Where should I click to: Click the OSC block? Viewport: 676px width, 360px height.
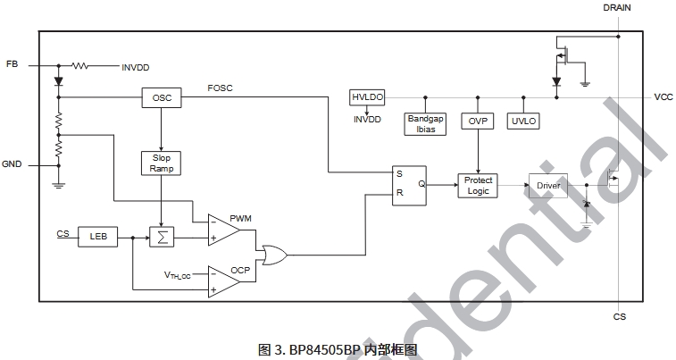[x=162, y=97]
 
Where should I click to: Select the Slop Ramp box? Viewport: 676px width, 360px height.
[x=161, y=163]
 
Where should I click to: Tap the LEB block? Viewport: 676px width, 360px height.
[x=97, y=236]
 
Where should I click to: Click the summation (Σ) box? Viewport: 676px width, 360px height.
[x=162, y=236]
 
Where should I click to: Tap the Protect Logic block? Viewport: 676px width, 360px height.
[x=478, y=185]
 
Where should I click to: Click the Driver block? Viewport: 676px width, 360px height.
[x=547, y=186]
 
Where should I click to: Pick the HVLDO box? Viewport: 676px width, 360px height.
[x=366, y=97]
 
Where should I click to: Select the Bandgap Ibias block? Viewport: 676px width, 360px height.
[x=425, y=124]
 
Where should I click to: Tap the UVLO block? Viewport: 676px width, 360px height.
[x=522, y=121]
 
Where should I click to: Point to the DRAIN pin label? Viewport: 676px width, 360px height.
[x=618, y=7]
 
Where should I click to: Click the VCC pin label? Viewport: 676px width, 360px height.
[x=663, y=97]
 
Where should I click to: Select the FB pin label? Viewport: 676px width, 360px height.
[x=12, y=65]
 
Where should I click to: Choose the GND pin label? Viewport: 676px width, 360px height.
[x=12, y=164]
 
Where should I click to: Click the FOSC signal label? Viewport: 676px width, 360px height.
[x=220, y=88]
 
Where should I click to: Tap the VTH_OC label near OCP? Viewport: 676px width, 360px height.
[x=178, y=274]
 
